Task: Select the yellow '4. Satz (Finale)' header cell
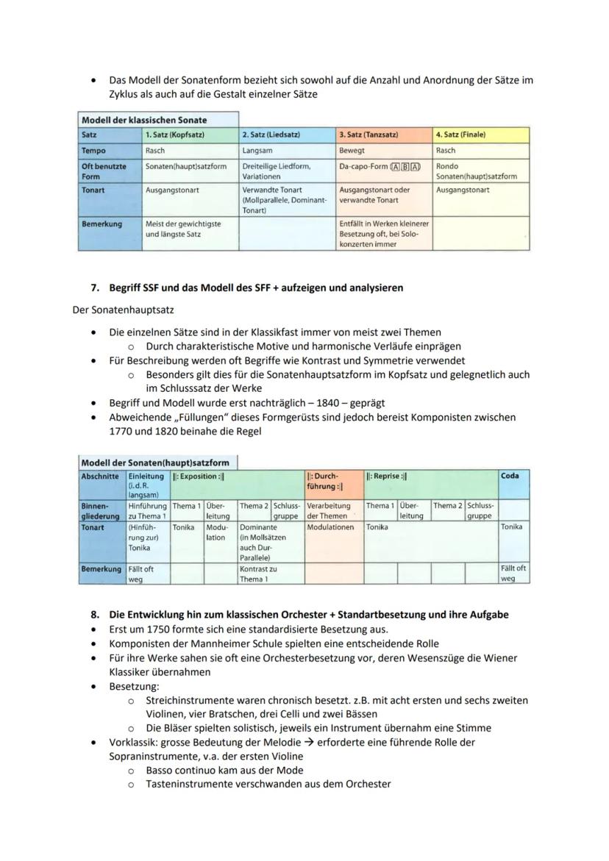click(x=481, y=135)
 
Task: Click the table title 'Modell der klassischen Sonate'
click(x=144, y=120)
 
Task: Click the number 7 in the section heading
click(x=95, y=288)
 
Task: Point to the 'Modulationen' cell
click(x=330, y=528)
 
